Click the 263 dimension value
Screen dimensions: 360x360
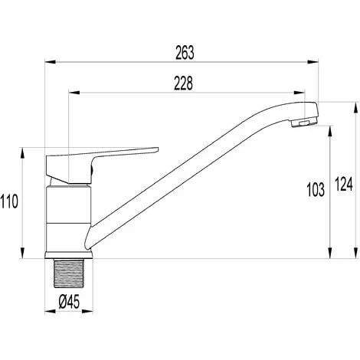[x=185, y=53]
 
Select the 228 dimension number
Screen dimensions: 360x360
[x=183, y=83]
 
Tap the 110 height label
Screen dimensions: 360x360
[x=9, y=201]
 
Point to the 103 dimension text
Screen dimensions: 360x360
[x=316, y=190]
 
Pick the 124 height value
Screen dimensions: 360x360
[x=344, y=184]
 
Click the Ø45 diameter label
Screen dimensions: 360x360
[x=69, y=302]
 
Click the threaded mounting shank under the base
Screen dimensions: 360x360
[x=69, y=273]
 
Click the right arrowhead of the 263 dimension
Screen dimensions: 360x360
[x=313, y=62]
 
